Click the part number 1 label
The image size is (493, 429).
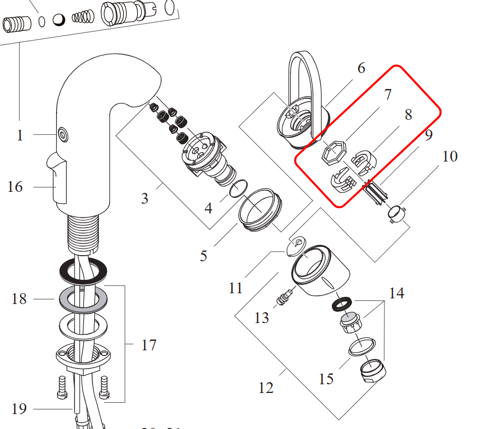20,135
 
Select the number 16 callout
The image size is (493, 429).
15,186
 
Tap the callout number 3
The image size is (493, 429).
145,198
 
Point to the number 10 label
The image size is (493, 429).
450,156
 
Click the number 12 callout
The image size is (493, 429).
266,387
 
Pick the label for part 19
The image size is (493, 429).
19,409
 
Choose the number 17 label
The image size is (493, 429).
149,345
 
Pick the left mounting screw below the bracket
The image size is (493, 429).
62,387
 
